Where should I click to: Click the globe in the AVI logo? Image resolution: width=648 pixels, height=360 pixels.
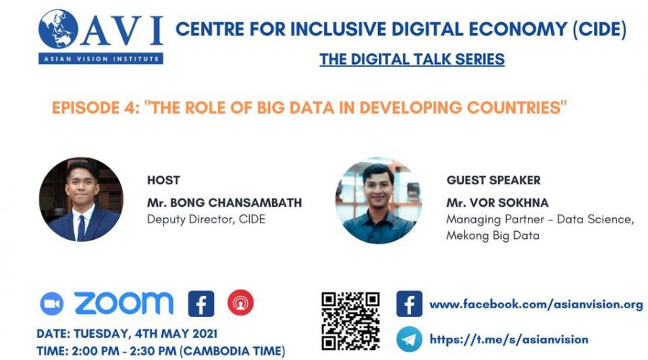[x=58, y=30]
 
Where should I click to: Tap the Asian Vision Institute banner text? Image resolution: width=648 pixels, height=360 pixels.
[x=101, y=59]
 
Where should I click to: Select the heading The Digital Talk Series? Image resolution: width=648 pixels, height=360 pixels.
[x=412, y=59]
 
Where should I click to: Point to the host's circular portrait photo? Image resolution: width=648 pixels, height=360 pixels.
[x=81, y=199]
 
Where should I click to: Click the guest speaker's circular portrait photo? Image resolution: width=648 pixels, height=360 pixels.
[x=379, y=200]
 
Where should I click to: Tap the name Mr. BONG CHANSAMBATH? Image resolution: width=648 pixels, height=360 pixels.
[x=225, y=202]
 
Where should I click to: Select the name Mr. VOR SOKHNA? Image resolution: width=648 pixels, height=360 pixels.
[x=498, y=202]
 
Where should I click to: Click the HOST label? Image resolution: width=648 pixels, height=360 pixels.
[x=163, y=180]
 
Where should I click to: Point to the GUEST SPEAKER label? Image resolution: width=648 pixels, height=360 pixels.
[x=493, y=180]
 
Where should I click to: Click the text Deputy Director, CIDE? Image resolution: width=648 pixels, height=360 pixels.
[x=206, y=219]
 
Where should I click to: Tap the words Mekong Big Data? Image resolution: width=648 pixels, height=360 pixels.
[x=492, y=235]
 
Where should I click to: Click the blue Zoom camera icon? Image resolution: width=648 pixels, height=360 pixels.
[x=52, y=304]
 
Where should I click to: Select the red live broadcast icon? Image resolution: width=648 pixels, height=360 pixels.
[x=240, y=303]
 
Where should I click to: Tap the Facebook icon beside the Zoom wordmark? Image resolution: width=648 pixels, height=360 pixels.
[x=202, y=304]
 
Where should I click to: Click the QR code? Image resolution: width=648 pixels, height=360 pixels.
[x=351, y=321]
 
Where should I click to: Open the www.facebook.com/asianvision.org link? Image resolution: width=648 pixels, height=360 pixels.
[x=536, y=305]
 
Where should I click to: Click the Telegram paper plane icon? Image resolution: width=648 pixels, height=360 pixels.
[x=409, y=339]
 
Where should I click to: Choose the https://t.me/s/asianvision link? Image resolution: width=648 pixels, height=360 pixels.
[x=509, y=339]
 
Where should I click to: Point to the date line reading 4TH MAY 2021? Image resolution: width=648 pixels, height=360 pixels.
[x=127, y=333]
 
